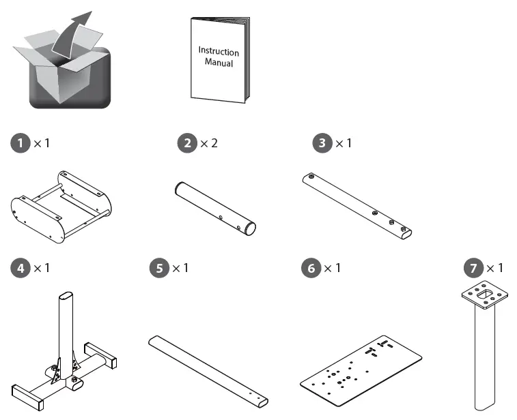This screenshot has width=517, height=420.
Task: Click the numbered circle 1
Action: pyautogui.click(x=21, y=144)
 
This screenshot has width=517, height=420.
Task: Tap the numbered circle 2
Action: pyautogui.click(x=186, y=144)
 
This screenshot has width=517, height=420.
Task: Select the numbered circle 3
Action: pyautogui.click(x=321, y=144)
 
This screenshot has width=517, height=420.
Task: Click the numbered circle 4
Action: pyautogui.click(x=21, y=267)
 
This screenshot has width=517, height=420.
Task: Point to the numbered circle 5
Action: pyautogui.click(x=158, y=267)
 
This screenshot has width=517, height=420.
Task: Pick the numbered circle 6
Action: pyautogui.click(x=311, y=267)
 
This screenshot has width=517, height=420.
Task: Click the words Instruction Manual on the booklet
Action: pyautogui.click(x=219, y=57)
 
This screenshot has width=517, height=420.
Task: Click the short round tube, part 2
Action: pyautogui.click(x=213, y=208)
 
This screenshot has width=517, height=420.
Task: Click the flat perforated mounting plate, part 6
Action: pyautogui.click(x=360, y=369)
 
